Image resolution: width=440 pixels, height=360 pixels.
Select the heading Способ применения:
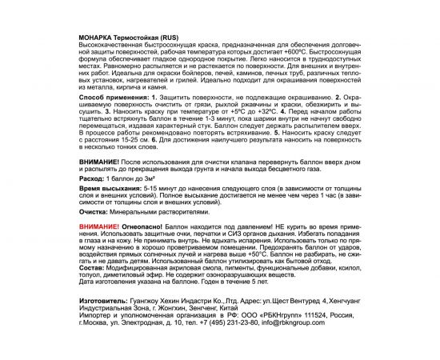click(114, 118)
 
